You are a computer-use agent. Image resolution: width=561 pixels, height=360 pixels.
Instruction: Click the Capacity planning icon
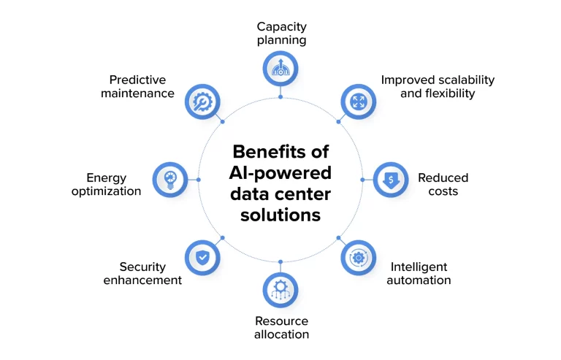(x=280, y=69)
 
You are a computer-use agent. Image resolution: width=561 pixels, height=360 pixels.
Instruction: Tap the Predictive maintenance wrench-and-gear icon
(x=202, y=102)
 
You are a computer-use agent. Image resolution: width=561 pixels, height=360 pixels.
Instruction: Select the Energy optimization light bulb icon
(x=170, y=180)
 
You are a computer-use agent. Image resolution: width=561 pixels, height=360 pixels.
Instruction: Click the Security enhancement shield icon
(x=202, y=257)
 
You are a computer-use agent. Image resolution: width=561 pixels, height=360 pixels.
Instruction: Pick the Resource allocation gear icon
(x=280, y=290)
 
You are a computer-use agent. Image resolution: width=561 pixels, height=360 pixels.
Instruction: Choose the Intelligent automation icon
(x=359, y=257)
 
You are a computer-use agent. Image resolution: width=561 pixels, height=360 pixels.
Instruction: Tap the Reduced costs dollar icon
(x=391, y=180)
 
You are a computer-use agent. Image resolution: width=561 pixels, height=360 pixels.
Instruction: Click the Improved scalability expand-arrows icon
(x=359, y=102)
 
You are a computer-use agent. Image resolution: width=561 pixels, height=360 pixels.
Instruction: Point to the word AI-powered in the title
(x=280, y=173)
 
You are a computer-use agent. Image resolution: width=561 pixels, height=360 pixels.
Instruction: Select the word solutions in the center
(x=280, y=215)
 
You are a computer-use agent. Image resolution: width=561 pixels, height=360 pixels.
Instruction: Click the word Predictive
(x=138, y=80)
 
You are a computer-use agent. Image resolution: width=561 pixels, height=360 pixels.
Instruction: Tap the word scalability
(x=466, y=80)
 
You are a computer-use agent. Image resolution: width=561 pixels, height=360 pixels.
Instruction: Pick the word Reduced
(x=443, y=177)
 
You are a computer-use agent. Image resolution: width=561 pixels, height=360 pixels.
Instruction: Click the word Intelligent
(x=419, y=267)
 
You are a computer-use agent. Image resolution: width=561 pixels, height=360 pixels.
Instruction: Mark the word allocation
(x=281, y=334)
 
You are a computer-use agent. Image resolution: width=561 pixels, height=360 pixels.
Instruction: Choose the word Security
(x=142, y=267)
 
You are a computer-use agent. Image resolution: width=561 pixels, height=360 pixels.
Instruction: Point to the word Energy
(x=106, y=178)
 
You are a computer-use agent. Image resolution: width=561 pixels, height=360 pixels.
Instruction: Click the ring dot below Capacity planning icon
(x=280, y=97)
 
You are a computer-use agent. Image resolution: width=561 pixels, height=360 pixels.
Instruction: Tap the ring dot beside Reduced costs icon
(x=362, y=180)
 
